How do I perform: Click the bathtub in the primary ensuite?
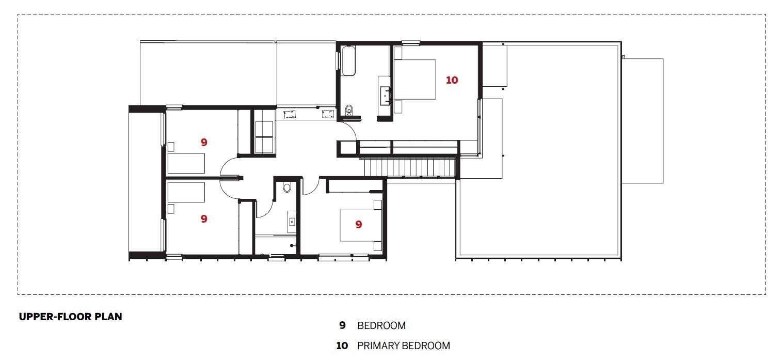[x=348, y=61]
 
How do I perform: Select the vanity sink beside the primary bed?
[x=385, y=95]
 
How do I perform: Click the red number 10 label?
[x=452, y=80]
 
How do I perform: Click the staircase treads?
[x=410, y=167]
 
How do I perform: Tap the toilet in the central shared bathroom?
[x=288, y=187]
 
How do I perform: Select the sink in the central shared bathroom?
[x=292, y=222]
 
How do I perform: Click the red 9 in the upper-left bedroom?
[x=204, y=143]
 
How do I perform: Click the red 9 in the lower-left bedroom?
[x=204, y=219]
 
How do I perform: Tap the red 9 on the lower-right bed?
[x=358, y=224]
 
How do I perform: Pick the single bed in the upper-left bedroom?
[x=186, y=163]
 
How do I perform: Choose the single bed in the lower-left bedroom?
[x=186, y=192]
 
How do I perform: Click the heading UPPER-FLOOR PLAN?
[x=70, y=317]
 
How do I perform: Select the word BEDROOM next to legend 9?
[x=381, y=326]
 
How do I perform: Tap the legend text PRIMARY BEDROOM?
[x=403, y=346]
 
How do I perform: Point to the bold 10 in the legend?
[x=342, y=346]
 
